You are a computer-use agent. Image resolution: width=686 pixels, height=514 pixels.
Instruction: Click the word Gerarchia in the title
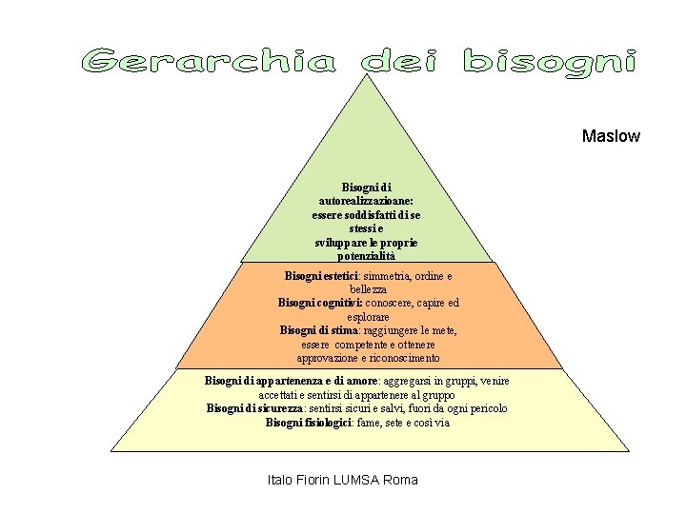[x=209, y=62]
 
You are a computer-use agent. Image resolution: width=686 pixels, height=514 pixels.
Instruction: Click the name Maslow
[x=611, y=136]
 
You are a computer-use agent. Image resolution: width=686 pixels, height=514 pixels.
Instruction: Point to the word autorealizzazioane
[x=365, y=201]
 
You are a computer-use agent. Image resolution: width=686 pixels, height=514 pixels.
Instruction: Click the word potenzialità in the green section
[x=365, y=256]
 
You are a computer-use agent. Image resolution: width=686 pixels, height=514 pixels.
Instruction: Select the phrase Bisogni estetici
[x=318, y=276]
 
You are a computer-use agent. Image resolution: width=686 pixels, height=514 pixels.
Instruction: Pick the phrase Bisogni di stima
[x=317, y=330]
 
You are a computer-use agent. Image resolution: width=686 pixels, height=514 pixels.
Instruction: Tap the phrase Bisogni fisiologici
[x=309, y=422]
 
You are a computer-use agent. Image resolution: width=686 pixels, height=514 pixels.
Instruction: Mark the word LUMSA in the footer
[x=356, y=480]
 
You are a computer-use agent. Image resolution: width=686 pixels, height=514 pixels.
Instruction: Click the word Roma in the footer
[x=400, y=480]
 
